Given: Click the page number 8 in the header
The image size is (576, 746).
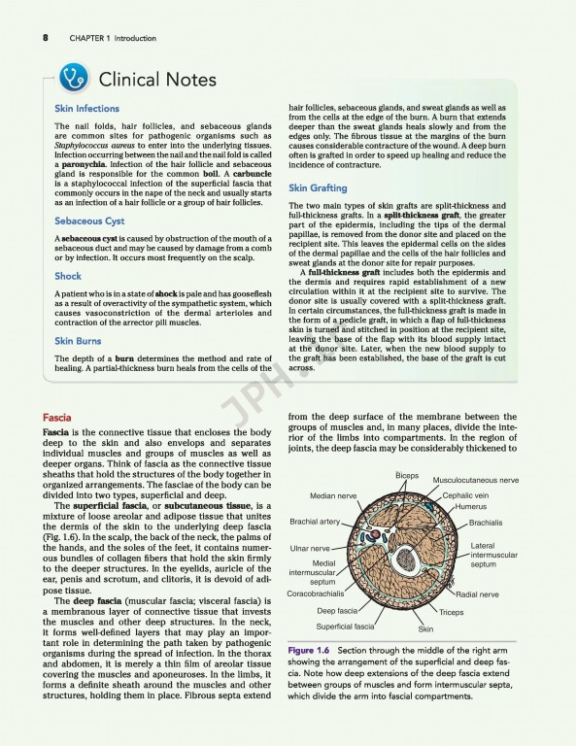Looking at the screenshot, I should (x=46, y=38).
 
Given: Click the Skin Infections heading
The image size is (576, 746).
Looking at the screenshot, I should (x=86, y=109).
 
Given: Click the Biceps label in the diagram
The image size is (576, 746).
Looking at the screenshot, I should (x=407, y=475).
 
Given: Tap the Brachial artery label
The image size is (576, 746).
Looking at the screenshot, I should (x=315, y=523).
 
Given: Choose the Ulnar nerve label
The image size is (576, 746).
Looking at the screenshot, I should (x=311, y=549).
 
